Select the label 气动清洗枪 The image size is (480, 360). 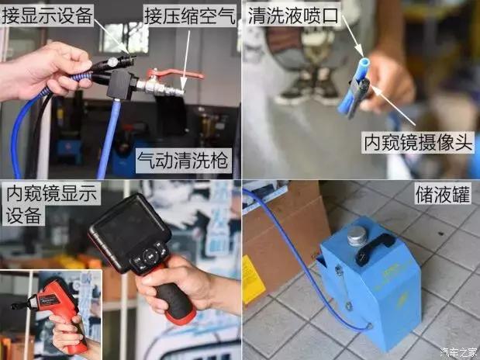(x=182, y=161)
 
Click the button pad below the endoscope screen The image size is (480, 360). (x=147, y=257)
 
